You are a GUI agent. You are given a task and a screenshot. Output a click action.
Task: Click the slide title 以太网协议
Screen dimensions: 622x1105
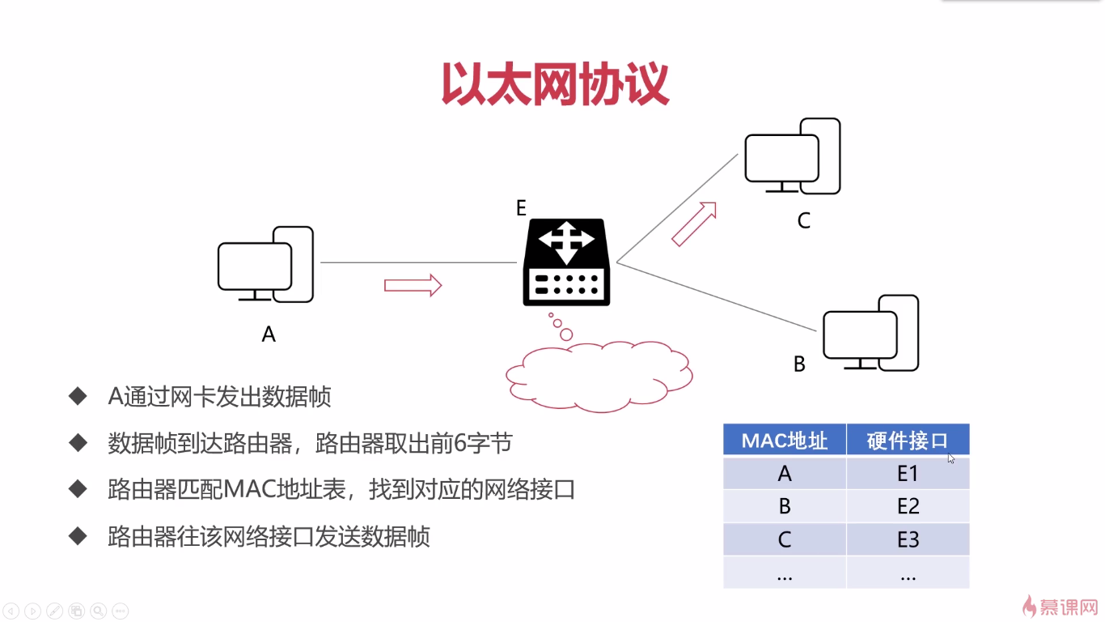[x=555, y=85]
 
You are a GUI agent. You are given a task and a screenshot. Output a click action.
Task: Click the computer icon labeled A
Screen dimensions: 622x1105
[x=265, y=266]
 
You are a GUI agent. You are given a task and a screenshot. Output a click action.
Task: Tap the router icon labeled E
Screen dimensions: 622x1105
[x=565, y=262]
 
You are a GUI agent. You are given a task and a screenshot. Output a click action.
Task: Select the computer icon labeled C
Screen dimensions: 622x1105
[x=792, y=157]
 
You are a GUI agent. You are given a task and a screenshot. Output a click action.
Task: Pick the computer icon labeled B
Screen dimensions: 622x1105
[x=870, y=334]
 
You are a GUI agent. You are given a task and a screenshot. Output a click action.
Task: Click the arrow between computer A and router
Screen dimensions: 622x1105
[x=413, y=285]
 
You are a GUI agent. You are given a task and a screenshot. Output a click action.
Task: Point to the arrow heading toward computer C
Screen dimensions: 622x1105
[x=694, y=224]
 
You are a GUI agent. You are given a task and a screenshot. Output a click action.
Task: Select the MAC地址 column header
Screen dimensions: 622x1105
[x=784, y=441]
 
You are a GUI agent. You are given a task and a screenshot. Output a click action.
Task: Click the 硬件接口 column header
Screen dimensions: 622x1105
[x=907, y=441]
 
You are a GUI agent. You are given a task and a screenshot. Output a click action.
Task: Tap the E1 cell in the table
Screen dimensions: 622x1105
[x=908, y=474]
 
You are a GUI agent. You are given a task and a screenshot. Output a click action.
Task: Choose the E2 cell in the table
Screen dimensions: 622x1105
[x=908, y=507]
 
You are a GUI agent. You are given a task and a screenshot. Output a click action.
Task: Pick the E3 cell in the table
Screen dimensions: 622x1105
[x=908, y=540]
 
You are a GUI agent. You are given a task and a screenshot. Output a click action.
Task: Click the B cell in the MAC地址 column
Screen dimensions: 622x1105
[x=784, y=507]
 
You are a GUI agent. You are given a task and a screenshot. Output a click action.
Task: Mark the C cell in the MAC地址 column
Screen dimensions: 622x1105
[x=784, y=540]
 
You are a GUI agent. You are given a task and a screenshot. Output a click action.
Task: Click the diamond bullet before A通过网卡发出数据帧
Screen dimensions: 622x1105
[x=78, y=396]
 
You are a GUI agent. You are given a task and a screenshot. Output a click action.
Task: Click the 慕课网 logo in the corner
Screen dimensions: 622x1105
[x=1059, y=606]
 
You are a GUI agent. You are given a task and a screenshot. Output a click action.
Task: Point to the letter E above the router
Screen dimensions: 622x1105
[x=522, y=208]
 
